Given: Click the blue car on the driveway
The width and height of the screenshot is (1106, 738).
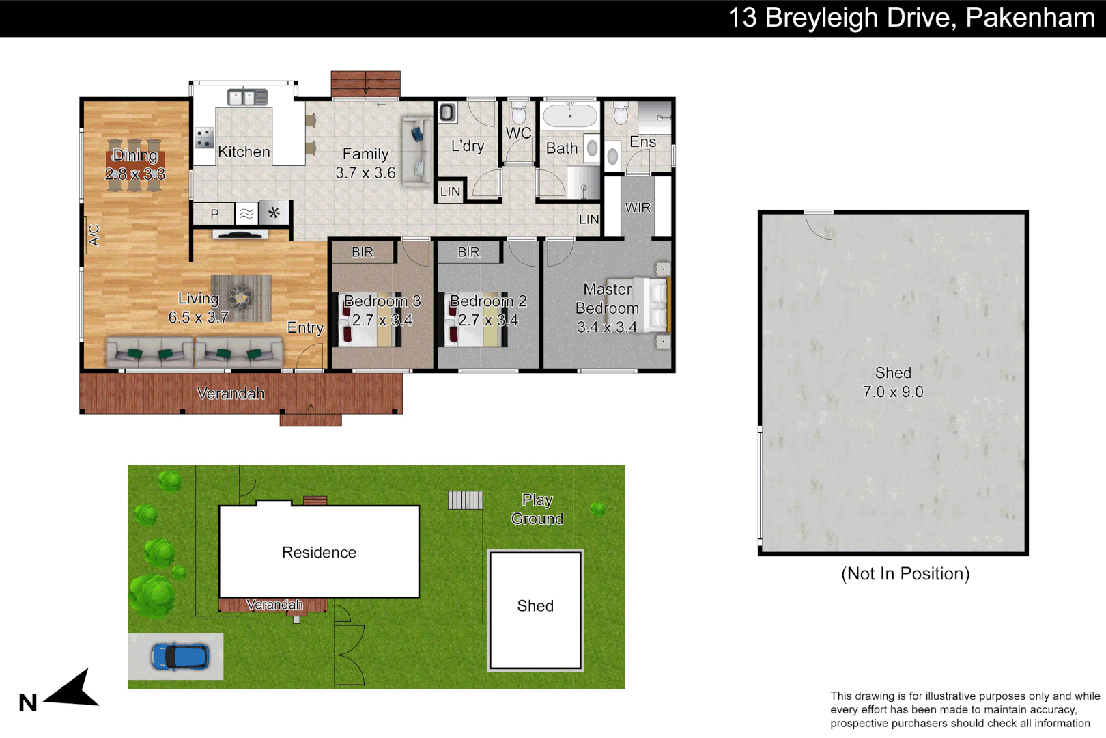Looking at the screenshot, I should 180,657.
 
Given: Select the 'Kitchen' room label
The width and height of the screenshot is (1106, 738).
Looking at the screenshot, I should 244,152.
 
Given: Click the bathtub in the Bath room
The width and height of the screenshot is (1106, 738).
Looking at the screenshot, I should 569,115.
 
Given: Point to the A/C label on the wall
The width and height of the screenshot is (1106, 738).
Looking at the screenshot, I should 94,235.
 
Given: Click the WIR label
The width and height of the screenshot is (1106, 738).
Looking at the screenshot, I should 638,207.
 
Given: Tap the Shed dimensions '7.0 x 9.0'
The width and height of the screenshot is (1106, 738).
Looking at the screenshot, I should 892,392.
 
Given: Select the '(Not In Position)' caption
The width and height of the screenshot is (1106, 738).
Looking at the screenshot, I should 905,573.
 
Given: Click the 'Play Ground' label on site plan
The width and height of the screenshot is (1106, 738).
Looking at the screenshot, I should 537,509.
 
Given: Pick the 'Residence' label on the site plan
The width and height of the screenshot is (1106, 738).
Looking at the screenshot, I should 319,552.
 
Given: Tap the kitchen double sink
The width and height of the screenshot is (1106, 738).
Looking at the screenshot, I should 247,97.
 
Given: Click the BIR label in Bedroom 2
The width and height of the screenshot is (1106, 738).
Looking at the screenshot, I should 468,252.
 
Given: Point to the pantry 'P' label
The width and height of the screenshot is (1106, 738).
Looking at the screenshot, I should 214,214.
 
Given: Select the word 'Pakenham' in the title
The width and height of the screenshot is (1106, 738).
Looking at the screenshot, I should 1030,18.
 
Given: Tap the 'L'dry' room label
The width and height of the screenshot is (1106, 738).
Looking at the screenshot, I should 468,146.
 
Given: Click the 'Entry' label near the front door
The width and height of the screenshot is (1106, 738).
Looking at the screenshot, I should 305,327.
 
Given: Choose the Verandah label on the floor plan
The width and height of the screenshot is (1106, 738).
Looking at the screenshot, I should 230,393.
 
